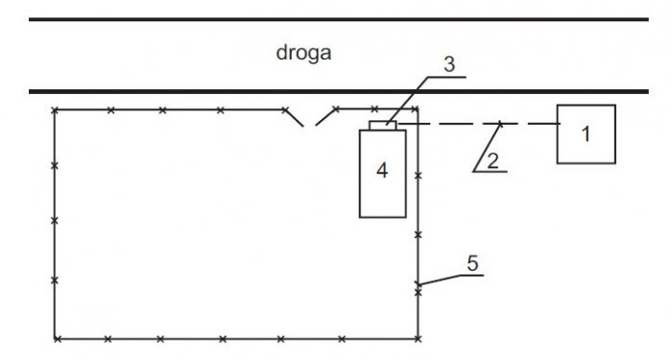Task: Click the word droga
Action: click(303, 54)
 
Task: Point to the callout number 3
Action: click(448, 64)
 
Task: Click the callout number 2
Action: click(492, 161)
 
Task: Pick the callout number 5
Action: click(472, 264)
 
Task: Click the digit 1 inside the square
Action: click(586, 134)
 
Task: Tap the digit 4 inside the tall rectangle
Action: click(382, 171)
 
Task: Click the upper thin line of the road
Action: click(339, 19)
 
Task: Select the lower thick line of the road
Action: click(339, 91)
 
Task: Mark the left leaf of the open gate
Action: click(295, 118)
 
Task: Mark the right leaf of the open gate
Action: click(326, 116)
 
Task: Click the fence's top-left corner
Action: click(55, 110)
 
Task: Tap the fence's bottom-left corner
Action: click(56, 339)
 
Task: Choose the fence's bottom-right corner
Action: click(418, 339)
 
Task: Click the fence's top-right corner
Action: click(418, 109)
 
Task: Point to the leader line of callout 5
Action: click(450, 278)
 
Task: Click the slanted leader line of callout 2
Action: click(488, 148)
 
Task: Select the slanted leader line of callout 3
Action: click(407, 101)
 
